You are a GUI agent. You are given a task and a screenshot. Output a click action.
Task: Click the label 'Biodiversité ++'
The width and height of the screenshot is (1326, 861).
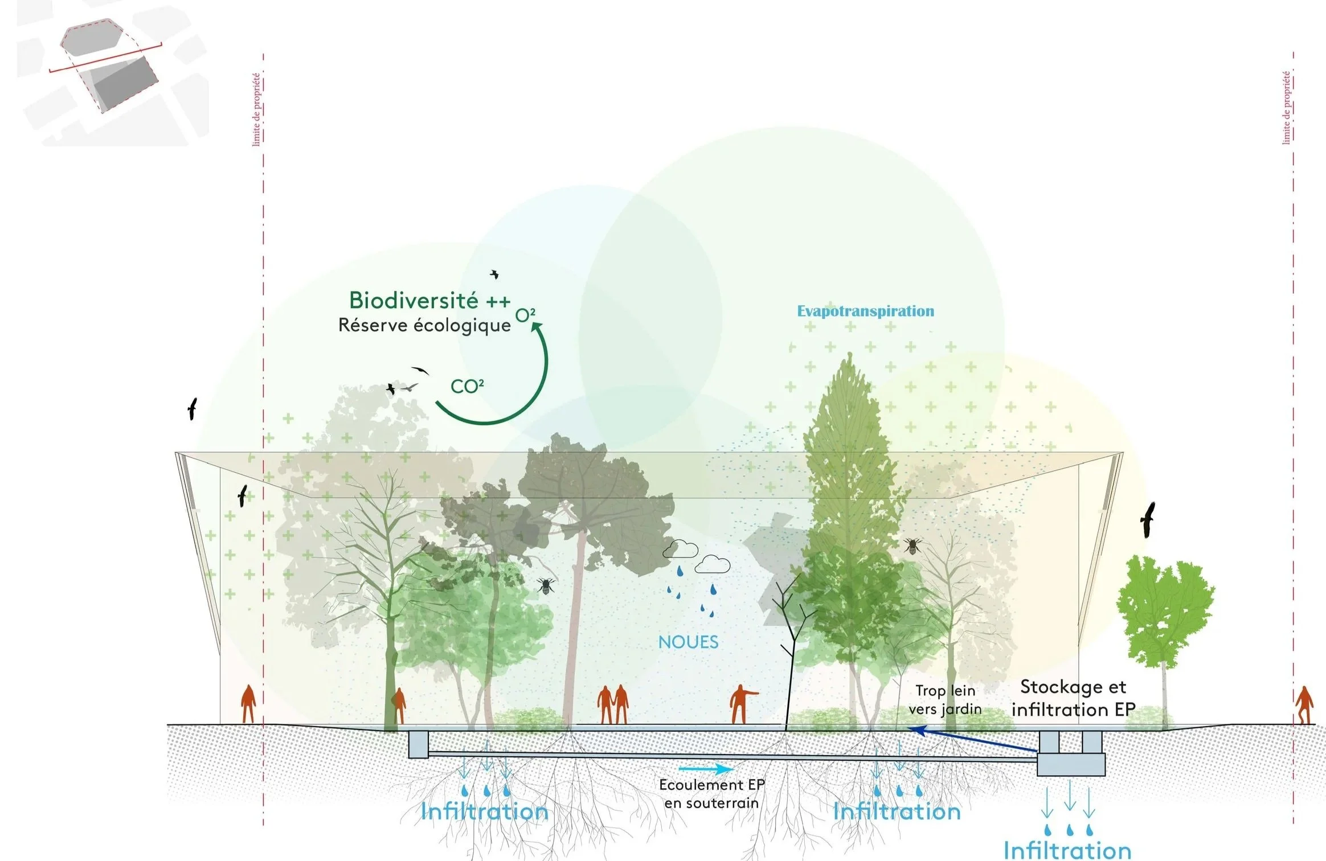point(429,301)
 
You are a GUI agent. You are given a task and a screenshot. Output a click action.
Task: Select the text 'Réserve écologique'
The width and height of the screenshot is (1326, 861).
point(424,325)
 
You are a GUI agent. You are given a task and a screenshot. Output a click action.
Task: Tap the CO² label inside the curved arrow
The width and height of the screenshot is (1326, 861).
point(467,387)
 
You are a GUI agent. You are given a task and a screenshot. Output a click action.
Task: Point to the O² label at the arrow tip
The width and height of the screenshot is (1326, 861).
point(525,315)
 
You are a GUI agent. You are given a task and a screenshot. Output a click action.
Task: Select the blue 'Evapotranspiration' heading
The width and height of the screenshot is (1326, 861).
point(865,311)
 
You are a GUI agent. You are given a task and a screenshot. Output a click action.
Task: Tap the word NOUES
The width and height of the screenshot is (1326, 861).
point(688,642)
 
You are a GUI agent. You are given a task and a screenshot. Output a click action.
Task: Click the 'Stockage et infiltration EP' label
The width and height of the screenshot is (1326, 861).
point(1073,698)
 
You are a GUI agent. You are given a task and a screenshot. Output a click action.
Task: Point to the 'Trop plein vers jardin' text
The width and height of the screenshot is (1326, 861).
point(946,700)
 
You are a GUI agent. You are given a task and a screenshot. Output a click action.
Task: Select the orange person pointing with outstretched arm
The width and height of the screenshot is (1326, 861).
point(741,704)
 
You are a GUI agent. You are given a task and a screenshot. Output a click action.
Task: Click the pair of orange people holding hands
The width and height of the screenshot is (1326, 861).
point(613,705)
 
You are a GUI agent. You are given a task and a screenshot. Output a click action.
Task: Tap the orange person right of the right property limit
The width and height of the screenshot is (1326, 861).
point(1304,705)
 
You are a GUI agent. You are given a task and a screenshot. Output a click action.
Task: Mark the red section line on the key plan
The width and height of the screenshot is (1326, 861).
point(105,58)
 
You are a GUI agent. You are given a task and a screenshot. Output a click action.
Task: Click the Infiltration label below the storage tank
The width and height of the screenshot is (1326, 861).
point(1067,850)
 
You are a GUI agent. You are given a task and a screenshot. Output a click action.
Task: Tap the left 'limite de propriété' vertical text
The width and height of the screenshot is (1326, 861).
point(256,109)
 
